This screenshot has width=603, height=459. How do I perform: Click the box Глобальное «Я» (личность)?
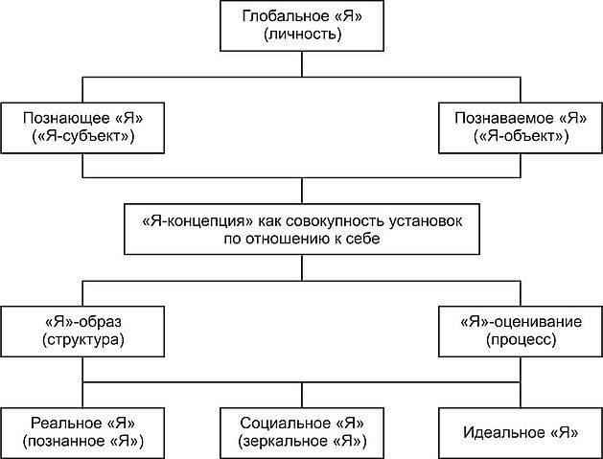tap(302, 26)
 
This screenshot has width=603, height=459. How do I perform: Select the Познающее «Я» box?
tap(82, 127)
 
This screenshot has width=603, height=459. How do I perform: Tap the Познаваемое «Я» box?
tap(521, 127)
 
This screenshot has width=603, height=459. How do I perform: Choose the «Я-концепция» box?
tap(302, 229)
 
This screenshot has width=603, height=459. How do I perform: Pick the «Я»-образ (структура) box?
tap(82, 332)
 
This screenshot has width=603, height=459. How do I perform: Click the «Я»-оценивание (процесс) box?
tap(521, 332)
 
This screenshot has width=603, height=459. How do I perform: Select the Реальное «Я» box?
tap(82, 433)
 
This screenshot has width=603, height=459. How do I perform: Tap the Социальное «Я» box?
tap(302, 433)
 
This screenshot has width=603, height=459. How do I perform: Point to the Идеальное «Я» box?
tap(521, 433)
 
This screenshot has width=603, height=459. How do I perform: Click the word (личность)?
tap(302, 34)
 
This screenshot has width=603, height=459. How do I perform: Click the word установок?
tap(426, 221)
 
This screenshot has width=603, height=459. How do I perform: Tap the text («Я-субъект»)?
tap(83, 136)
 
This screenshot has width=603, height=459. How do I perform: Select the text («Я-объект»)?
tap(522, 136)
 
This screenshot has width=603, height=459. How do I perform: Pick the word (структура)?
tap(83, 340)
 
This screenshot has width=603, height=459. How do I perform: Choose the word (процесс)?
tap(522, 340)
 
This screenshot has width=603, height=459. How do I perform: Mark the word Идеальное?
tap(504, 433)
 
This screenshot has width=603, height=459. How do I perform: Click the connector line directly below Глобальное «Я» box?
tap(302, 64)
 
